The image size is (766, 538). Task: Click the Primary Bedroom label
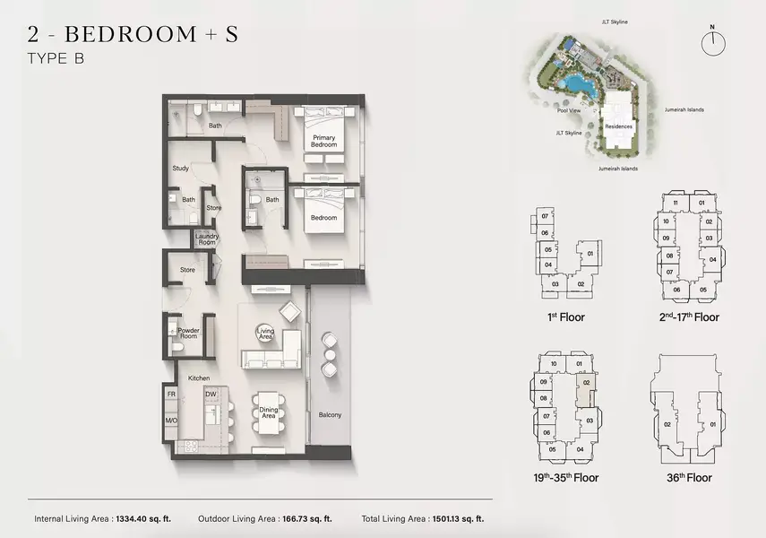324,142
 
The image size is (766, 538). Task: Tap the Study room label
180,169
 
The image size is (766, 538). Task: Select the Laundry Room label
207,239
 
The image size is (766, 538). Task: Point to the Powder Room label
188,333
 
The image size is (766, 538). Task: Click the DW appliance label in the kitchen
211,395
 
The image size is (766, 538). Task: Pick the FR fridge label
171,395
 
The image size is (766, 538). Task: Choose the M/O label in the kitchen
171,421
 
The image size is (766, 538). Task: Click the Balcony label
330,415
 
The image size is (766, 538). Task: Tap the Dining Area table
268,412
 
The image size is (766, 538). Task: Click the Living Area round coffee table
265,334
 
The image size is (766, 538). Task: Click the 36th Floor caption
689,477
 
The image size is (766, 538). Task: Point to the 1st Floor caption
565,317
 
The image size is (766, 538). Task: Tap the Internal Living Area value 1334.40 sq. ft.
143,519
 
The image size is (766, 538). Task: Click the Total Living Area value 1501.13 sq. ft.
457,519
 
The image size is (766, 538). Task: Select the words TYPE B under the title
56,58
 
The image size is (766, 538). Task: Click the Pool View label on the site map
569,110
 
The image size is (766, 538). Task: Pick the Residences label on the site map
618,126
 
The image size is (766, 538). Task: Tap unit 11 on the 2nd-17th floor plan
676,203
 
